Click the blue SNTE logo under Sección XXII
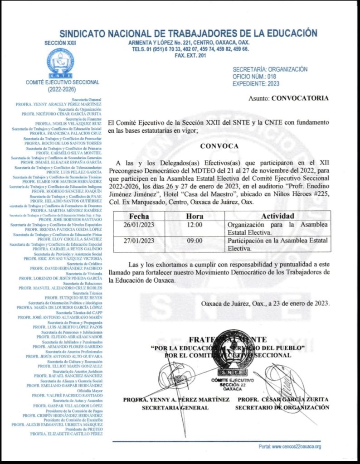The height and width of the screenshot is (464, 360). click(x=60, y=63)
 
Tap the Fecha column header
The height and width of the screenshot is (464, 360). click(x=139, y=216)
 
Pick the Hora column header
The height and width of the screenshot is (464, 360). click(x=195, y=216)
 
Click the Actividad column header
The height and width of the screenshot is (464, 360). click(x=277, y=216)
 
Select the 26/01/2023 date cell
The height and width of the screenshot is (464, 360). click(x=139, y=224)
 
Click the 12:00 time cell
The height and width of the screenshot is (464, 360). click(x=195, y=224)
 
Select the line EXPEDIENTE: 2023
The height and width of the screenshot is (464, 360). click(x=256, y=83)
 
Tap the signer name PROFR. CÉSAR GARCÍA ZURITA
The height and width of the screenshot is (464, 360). click(x=282, y=400)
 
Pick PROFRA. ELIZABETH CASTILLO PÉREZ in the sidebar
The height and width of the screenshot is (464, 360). click(x=66, y=434)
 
